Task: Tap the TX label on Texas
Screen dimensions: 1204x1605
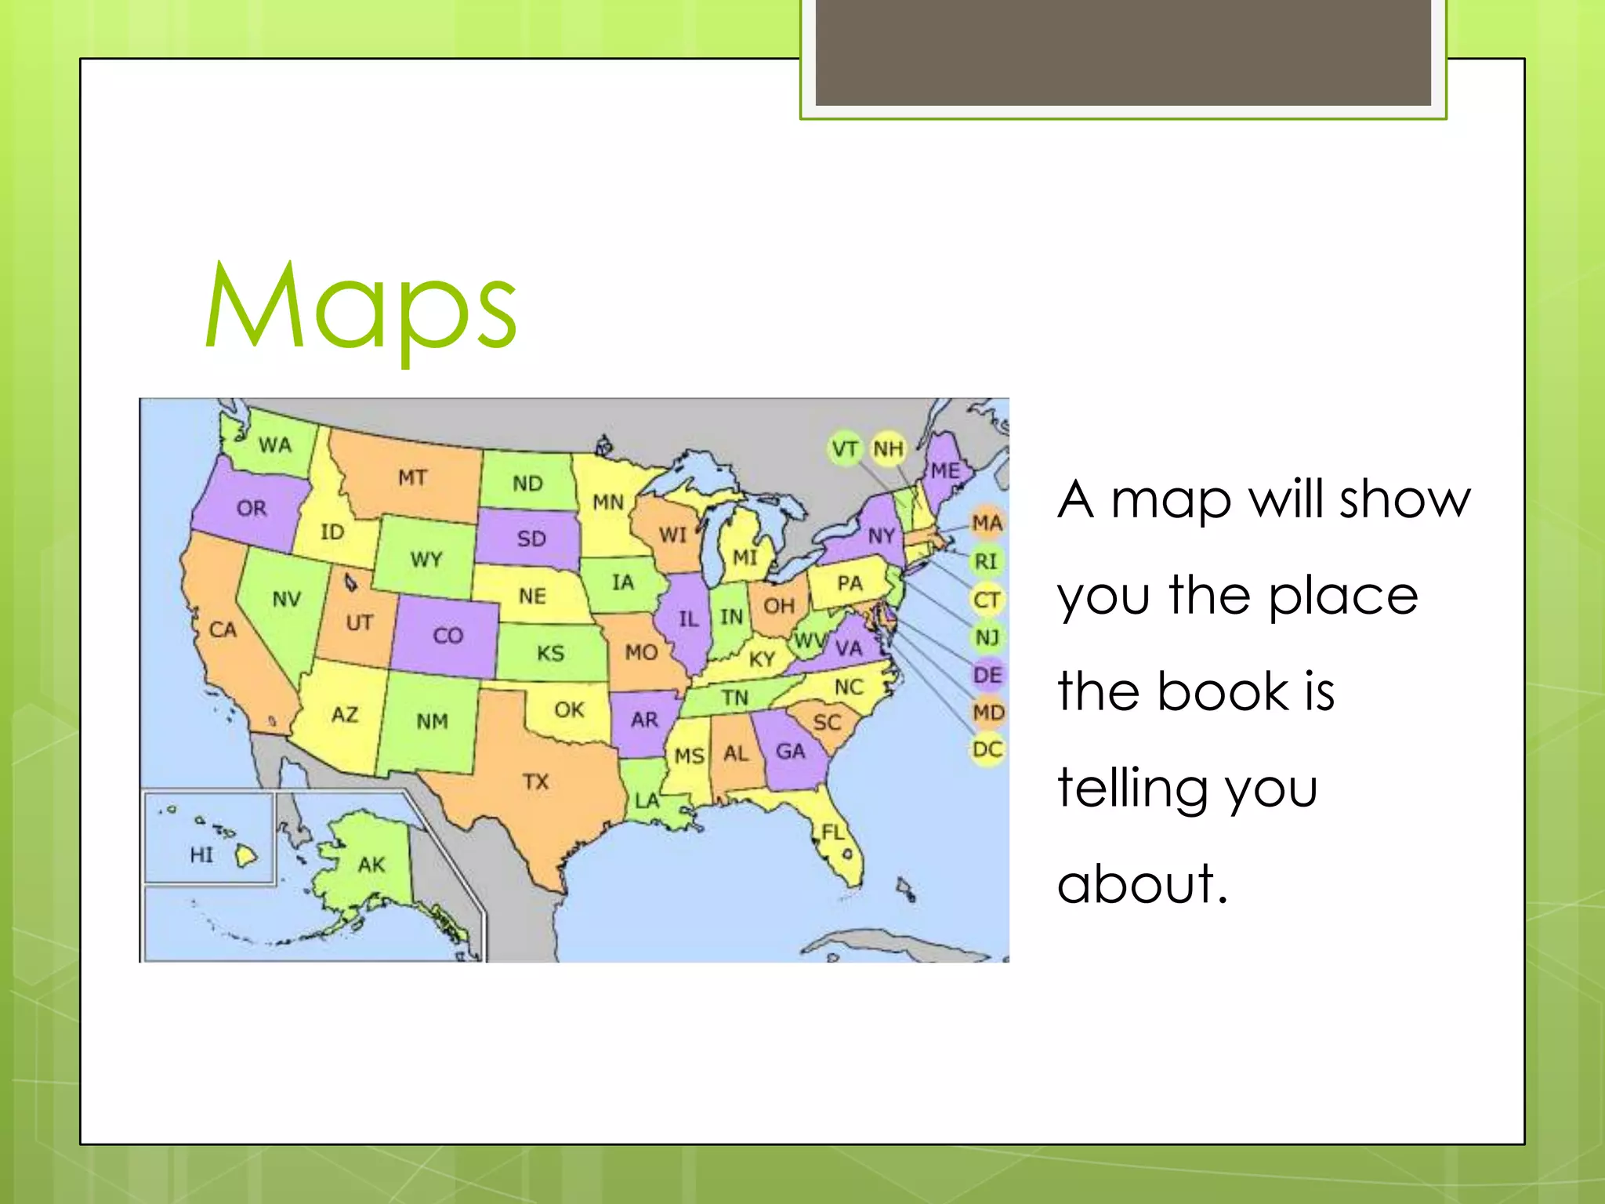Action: point(536,782)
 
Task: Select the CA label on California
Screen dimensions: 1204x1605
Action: point(223,629)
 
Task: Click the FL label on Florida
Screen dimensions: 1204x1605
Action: point(832,832)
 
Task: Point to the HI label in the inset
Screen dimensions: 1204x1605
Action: point(201,854)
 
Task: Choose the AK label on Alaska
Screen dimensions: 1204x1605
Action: point(371,865)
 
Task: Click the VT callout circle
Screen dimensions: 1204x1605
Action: point(845,449)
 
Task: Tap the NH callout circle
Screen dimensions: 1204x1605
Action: point(888,449)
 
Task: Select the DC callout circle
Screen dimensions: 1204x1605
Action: point(987,749)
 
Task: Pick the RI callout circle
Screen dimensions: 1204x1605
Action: point(986,561)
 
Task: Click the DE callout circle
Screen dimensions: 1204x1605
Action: point(987,675)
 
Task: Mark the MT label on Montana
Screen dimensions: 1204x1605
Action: point(412,477)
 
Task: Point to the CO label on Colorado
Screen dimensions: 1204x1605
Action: point(448,635)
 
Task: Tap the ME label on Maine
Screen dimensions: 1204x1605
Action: point(945,470)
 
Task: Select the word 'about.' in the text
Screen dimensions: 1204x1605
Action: point(1142,883)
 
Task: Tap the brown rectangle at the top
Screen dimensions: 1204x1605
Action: point(1123,52)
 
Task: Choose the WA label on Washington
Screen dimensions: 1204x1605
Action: point(275,445)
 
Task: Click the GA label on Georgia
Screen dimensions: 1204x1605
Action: point(790,751)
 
